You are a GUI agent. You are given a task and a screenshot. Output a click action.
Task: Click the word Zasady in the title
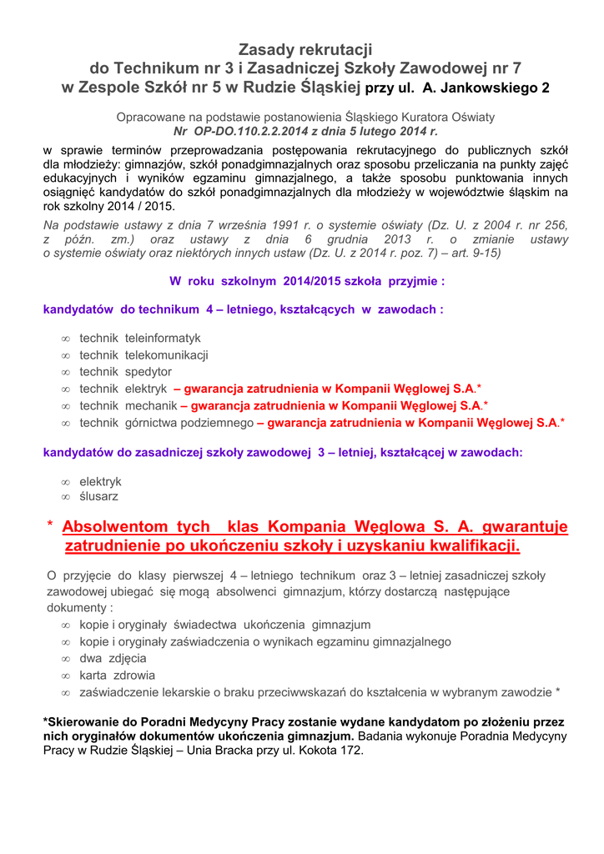(x=264, y=51)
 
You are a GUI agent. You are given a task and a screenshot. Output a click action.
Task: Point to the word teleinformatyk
(x=163, y=339)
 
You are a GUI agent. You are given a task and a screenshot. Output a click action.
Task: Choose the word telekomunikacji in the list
(x=167, y=355)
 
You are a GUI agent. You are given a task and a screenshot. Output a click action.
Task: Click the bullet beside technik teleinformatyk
(x=65, y=339)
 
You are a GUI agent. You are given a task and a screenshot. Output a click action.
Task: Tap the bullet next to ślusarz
(x=65, y=497)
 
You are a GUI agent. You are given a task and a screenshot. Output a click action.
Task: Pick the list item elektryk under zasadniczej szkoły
(x=100, y=482)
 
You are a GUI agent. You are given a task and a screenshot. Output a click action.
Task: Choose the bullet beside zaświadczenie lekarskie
(x=65, y=692)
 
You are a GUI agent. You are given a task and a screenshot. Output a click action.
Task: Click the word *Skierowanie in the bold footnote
(x=84, y=721)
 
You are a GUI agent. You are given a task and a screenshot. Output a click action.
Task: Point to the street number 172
(x=351, y=751)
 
